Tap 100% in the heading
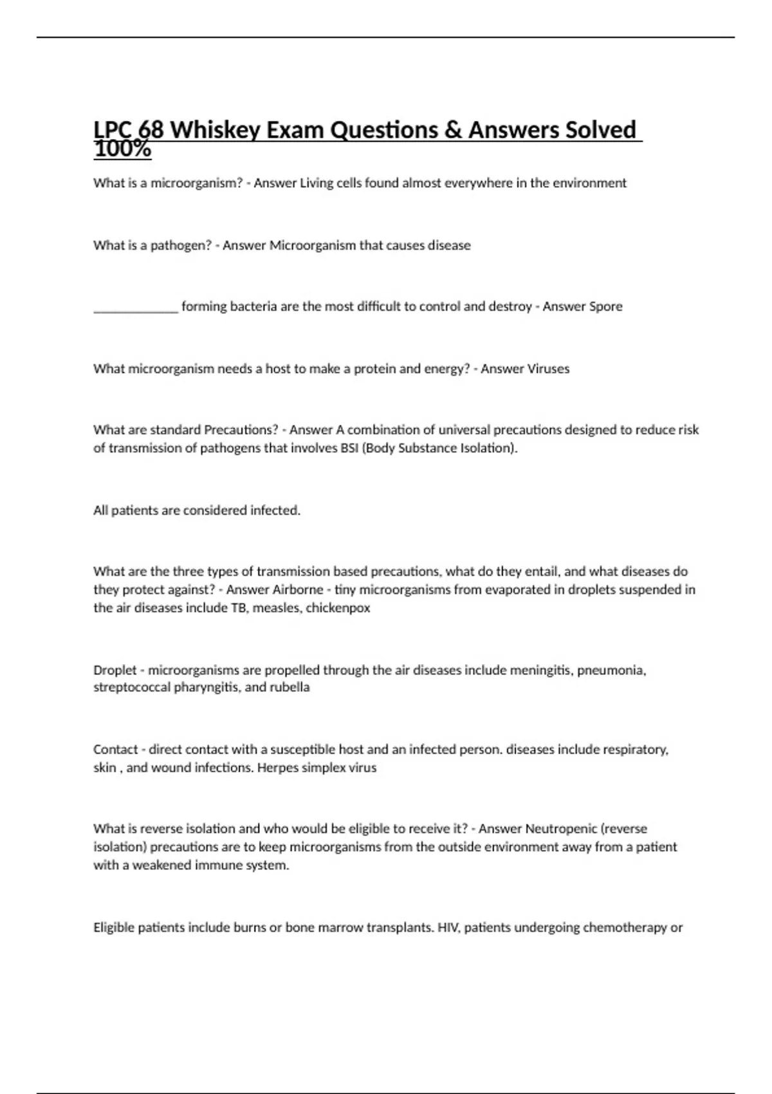(x=122, y=150)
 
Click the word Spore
(x=602, y=307)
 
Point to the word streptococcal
(x=132, y=687)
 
